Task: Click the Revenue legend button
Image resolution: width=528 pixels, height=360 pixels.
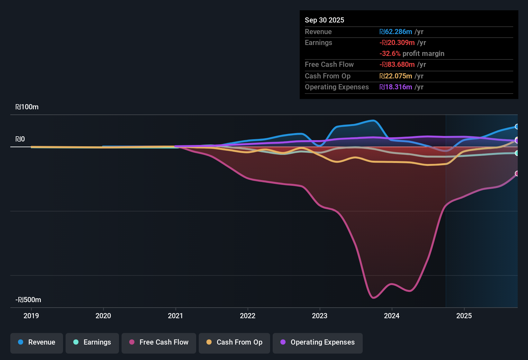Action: point(37,342)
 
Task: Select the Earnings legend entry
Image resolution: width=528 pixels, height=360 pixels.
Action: point(92,342)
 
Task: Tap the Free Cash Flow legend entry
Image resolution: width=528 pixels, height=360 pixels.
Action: point(159,342)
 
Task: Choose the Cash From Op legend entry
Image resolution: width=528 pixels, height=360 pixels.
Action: point(234,342)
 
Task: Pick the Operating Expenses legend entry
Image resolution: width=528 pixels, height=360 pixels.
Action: point(318,342)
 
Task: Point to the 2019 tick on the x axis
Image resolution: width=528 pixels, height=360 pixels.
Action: point(31,316)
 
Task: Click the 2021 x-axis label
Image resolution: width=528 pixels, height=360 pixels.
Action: point(176,316)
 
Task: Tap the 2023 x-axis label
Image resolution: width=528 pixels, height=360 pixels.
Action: point(320,316)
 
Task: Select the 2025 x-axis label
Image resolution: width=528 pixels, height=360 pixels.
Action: point(464,316)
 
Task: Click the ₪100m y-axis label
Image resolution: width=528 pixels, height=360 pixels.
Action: point(27,107)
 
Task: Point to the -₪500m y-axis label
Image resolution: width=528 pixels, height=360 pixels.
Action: point(28,300)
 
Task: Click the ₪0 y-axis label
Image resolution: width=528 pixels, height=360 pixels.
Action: point(20,139)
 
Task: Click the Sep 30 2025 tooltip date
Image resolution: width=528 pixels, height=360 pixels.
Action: point(324,20)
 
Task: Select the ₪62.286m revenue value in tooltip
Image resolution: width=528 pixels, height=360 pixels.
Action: point(396,32)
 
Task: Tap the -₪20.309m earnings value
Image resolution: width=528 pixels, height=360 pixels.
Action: point(397,43)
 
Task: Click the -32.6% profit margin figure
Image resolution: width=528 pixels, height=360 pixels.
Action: point(390,54)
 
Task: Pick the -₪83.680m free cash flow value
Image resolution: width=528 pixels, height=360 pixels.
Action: point(397,65)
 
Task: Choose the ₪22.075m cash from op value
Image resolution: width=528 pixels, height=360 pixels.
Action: point(396,76)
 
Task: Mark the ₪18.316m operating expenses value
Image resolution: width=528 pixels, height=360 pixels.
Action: point(396,87)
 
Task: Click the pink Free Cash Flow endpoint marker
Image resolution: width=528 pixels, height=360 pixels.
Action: point(517,174)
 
